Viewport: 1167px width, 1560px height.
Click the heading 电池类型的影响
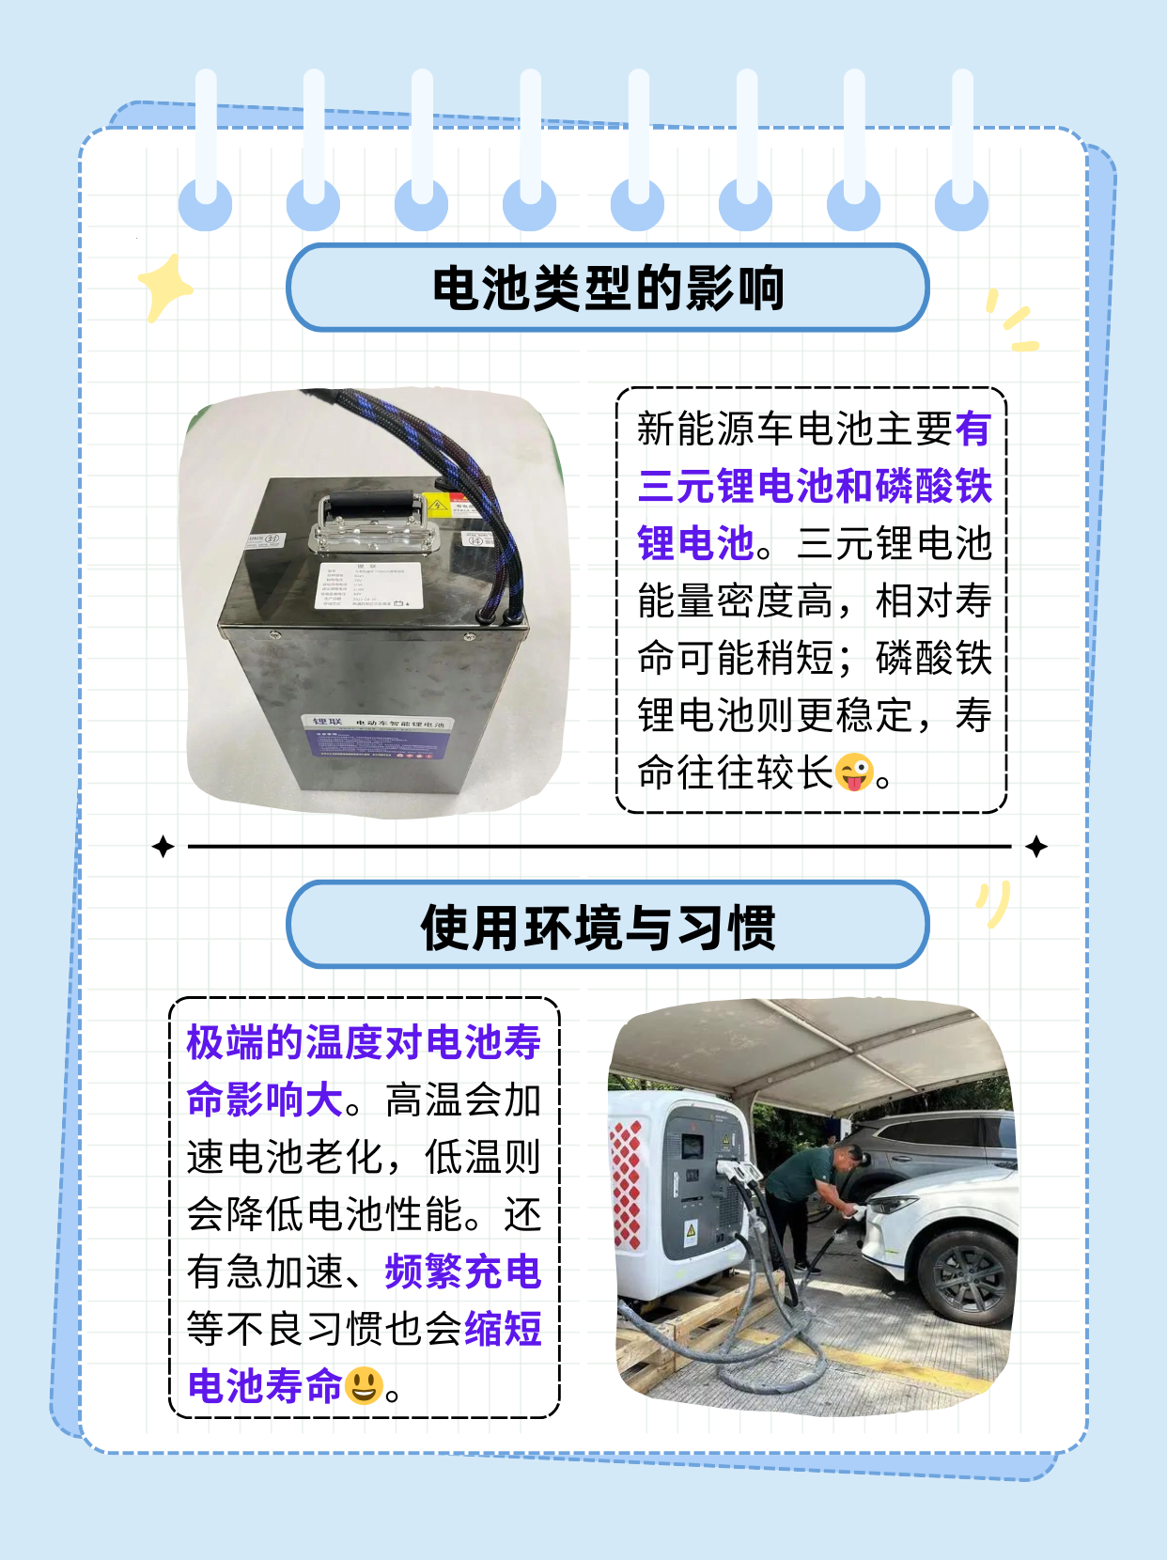(607, 288)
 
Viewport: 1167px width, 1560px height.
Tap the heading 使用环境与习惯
(599, 928)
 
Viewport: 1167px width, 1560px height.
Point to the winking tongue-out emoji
(854, 772)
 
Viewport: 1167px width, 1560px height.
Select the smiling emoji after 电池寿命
(364, 1386)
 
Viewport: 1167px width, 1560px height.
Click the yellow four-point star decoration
(164, 287)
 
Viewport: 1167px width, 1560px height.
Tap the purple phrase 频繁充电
(463, 1271)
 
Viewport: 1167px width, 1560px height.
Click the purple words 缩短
(503, 1329)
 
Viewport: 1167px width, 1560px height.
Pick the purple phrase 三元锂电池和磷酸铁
(815, 486)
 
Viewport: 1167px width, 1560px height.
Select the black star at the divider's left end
(163, 847)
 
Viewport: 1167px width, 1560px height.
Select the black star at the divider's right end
(1036, 847)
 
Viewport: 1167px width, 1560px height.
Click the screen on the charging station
(693, 1147)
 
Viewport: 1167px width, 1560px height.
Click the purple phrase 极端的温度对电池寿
(364, 1042)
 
